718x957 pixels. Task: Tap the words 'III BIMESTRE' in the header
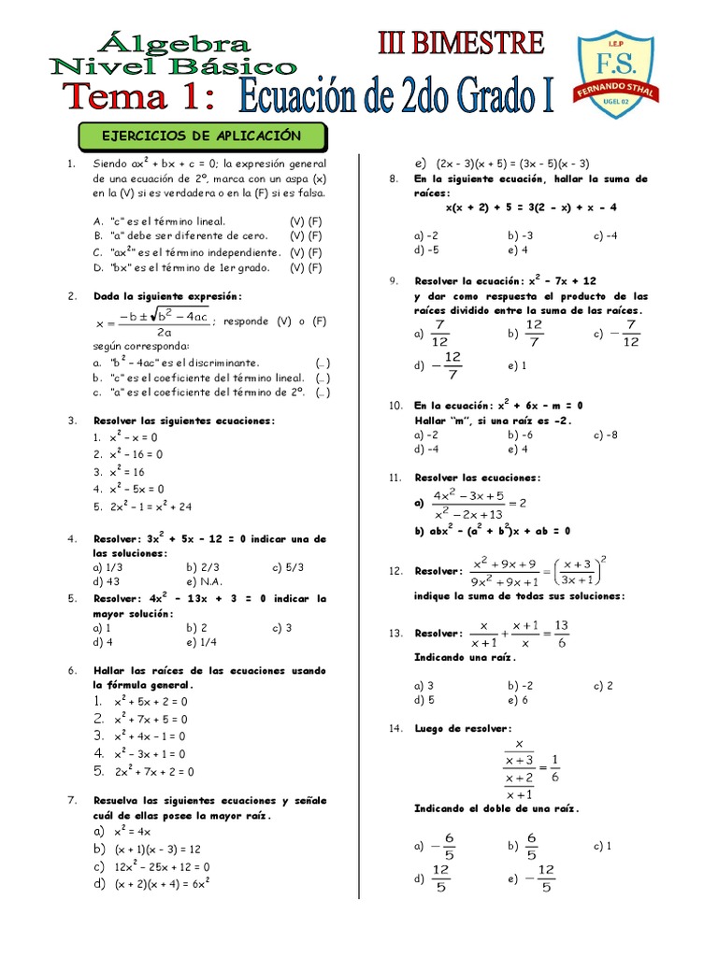tap(460, 43)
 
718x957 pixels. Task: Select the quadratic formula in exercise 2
tap(153, 321)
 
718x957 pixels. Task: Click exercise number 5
tap(71, 598)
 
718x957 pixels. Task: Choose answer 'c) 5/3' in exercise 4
tap(288, 566)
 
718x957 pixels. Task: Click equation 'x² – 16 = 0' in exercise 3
tap(136, 454)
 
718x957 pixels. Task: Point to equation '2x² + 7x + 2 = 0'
tap(154, 772)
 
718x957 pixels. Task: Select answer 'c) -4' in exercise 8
tap(605, 236)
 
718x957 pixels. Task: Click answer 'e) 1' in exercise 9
tap(517, 365)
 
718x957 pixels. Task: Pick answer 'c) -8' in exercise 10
tap(605, 435)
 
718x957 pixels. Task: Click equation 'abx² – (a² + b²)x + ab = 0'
tap(499, 531)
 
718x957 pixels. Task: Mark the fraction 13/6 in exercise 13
tap(561, 633)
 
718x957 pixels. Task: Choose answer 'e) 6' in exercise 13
tap(518, 700)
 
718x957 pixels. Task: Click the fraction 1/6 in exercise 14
tap(556, 767)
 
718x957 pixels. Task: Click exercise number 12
tap(395, 571)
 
